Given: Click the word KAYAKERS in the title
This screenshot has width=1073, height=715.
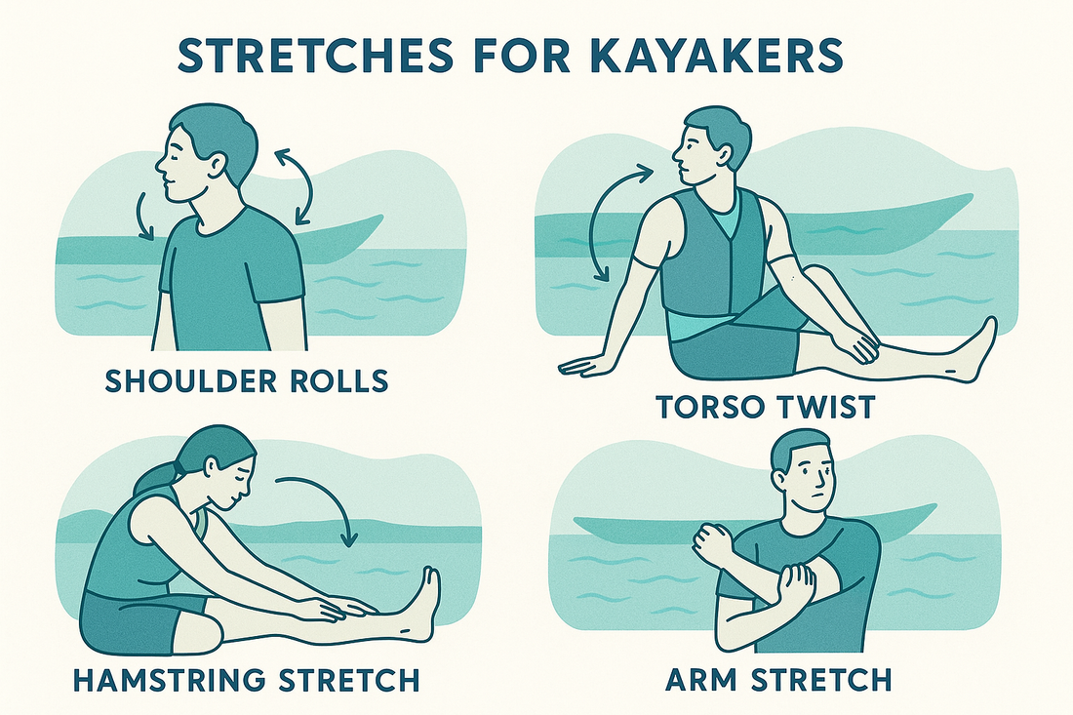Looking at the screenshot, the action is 715,55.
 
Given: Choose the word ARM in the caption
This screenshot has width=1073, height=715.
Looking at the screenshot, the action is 701,680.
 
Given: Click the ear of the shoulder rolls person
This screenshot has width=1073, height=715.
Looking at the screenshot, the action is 218,165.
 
